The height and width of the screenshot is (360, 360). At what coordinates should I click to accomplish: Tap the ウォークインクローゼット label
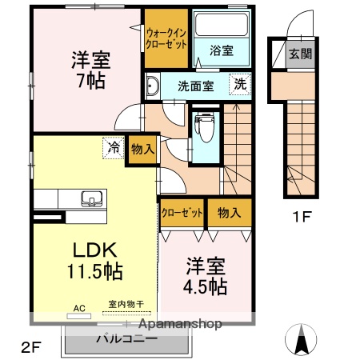(x=166, y=38)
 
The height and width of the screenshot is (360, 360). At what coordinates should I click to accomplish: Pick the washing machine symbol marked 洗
(x=240, y=83)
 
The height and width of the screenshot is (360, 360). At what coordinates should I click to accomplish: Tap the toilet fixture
(x=206, y=124)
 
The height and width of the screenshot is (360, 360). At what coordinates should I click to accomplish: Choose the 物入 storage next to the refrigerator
(x=142, y=149)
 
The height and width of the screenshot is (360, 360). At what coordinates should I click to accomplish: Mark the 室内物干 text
(x=126, y=304)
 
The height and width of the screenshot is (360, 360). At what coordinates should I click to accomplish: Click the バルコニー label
(x=127, y=338)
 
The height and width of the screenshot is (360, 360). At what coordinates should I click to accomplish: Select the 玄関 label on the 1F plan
(x=301, y=55)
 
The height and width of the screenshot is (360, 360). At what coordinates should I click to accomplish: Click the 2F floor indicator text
(x=30, y=347)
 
